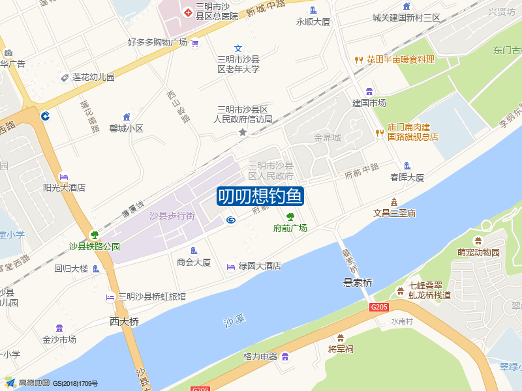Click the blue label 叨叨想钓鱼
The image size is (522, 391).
pyautogui.click(x=260, y=196)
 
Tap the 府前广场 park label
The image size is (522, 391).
pyautogui.click(x=290, y=228)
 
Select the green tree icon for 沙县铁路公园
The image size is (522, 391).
pyautogui.click(x=95, y=235)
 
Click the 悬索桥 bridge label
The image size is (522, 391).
pyautogui.click(x=358, y=283)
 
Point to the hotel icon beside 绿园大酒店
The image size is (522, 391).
pyautogui.click(x=230, y=266)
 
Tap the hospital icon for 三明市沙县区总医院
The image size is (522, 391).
pyautogui.click(x=188, y=12)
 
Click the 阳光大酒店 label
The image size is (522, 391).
pyautogui.click(x=65, y=188)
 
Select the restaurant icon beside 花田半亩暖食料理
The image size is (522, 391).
pyautogui.click(x=358, y=59)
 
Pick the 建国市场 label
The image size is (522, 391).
pyautogui.click(x=369, y=103)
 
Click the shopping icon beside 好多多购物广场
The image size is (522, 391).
pyautogui.click(x=195, y=43)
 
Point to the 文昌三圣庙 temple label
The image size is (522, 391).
pyautogui.click(x=394, y=213)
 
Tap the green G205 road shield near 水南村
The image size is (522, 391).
pyautogui.click(x=379, y=307)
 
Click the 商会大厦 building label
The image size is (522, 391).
pyautogui.click(x=194, y=262)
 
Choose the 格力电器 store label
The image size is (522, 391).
pyautogui.click(x=260, y=356)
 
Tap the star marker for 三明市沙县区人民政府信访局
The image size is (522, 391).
pyautogui.click(x=243, y=132)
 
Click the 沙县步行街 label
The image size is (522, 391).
pyautogui.click(x=172, y=216)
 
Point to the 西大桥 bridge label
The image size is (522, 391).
pyautogui.click(x=124, y=321)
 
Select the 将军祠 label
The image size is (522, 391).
pyautogui.click(x=340, y=349)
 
